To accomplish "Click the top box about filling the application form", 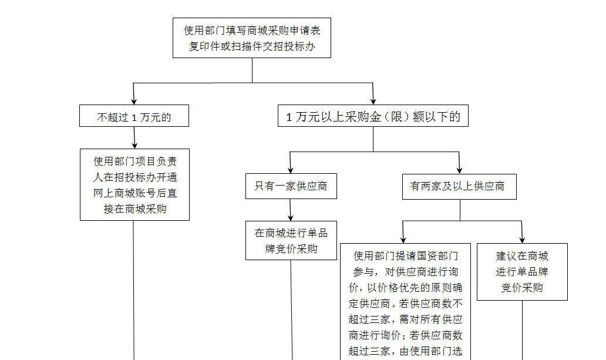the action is tap(251, 38).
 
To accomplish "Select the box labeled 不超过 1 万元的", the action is tap(134, 116).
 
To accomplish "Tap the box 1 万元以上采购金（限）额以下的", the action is tap(373, 116).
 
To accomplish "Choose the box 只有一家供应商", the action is tap(291, 186).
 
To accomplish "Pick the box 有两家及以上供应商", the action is tap(459, 187).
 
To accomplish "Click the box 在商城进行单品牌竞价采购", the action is tap(291, 241).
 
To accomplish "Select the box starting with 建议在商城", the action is tap(522, 272).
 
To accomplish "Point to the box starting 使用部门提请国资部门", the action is tap(405, 302).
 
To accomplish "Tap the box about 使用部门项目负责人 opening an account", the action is tap(134, 185).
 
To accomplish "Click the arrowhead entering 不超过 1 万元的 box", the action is tap(134, 102).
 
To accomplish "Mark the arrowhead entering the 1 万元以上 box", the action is tap(373, 102).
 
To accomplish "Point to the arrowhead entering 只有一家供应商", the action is tap(290, 170).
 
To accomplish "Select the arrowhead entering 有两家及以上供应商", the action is tap(459, 170).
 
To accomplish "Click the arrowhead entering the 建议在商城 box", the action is tap(522, 240).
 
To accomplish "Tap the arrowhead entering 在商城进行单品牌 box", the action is tap(290, 218).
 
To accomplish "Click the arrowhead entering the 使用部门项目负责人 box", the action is tap(134, 146).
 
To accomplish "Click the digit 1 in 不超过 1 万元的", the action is tap(134, 117).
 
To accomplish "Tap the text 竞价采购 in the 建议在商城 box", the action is tap(522, 288).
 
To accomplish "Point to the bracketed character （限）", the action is tap(396, 116).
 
